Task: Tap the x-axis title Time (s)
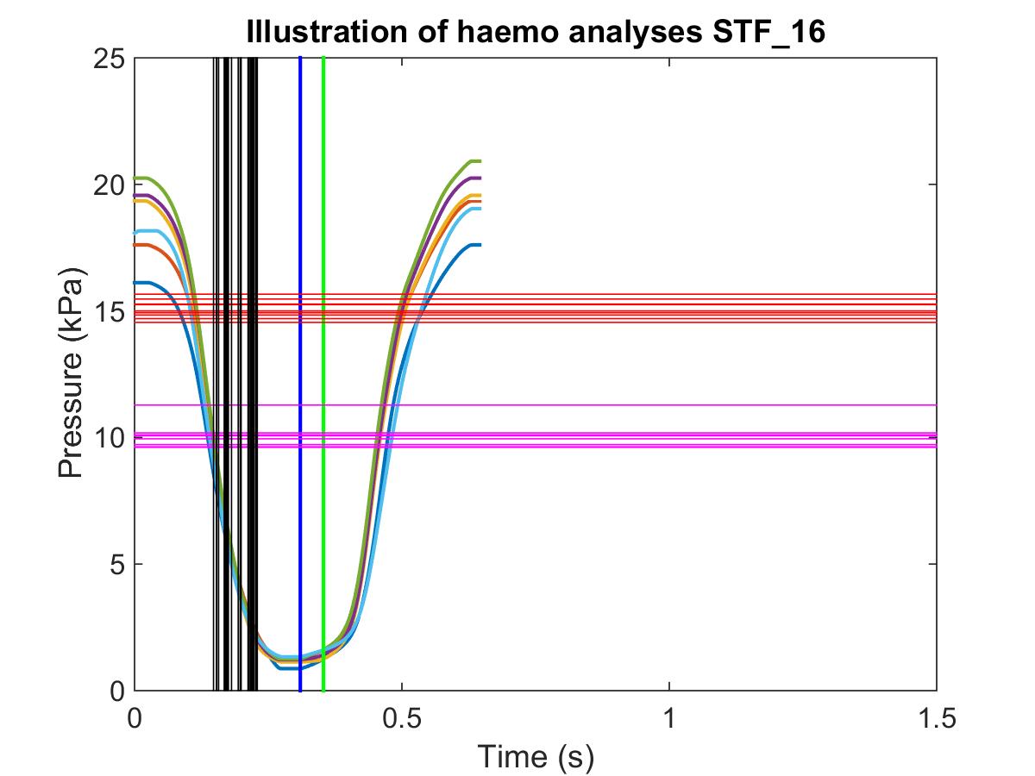pyautogui.click(x=536, y=756)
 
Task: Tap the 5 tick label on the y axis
pyautogui.click(x=116, y=565)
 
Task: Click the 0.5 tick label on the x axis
pyautogui.click(x=402, y=717)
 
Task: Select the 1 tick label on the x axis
pyautogui.click(x=669, y=717)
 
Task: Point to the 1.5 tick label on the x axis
pyautogui.click(x=937, y=717)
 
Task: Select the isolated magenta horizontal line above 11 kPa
pyautogui.click(x=690, y=405)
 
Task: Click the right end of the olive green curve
pyautogui.click(x=479, y=161)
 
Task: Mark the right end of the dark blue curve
pyautogui.click(x=479, y=245)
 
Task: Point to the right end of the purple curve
pyautogui.click(x=479, y=178)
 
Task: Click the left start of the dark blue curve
pyautogui.click(x=136, y=282)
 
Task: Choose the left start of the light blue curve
pyautogui.click(x=136, y=231)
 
